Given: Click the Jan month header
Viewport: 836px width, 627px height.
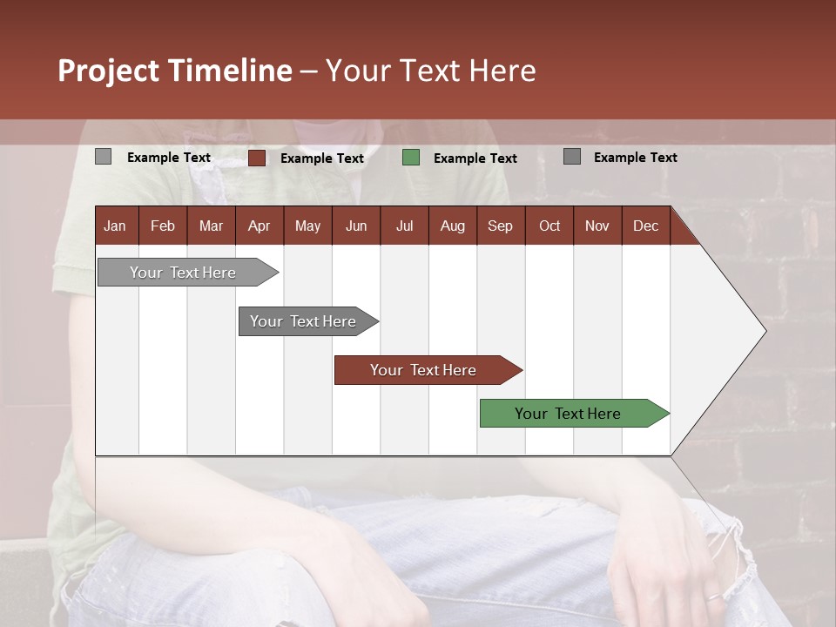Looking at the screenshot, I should click(x=115, y=226).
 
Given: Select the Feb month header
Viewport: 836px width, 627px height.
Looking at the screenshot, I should click(x=163, y=226).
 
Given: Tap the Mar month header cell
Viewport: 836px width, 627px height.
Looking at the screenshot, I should click(x=211, y=226).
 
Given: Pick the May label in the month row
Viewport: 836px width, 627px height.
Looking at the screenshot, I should click(x=307, y=226).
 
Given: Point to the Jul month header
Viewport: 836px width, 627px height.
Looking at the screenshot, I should click(x=404, y=226).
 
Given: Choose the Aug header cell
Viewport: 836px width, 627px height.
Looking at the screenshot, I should click(x=452, y=226).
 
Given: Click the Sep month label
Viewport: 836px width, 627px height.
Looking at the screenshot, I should click(x=500, y=226).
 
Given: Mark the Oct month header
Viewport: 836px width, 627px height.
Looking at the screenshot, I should click(x=549, y=226).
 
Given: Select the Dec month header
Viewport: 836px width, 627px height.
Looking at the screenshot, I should click(x=645, y=226).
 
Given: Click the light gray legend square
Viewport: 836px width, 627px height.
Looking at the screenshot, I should click(x=103, y=157).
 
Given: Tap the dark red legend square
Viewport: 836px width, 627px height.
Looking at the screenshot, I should click(x=256, y=158).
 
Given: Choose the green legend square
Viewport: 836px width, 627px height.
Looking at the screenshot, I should click(x=411, y=158).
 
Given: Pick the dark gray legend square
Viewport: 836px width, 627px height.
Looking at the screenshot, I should click(x=572, y=157).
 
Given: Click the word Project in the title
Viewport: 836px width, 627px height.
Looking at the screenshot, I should click(x=108, y=71).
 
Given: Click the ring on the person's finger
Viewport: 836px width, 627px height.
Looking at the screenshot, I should click(x=712, y=597).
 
